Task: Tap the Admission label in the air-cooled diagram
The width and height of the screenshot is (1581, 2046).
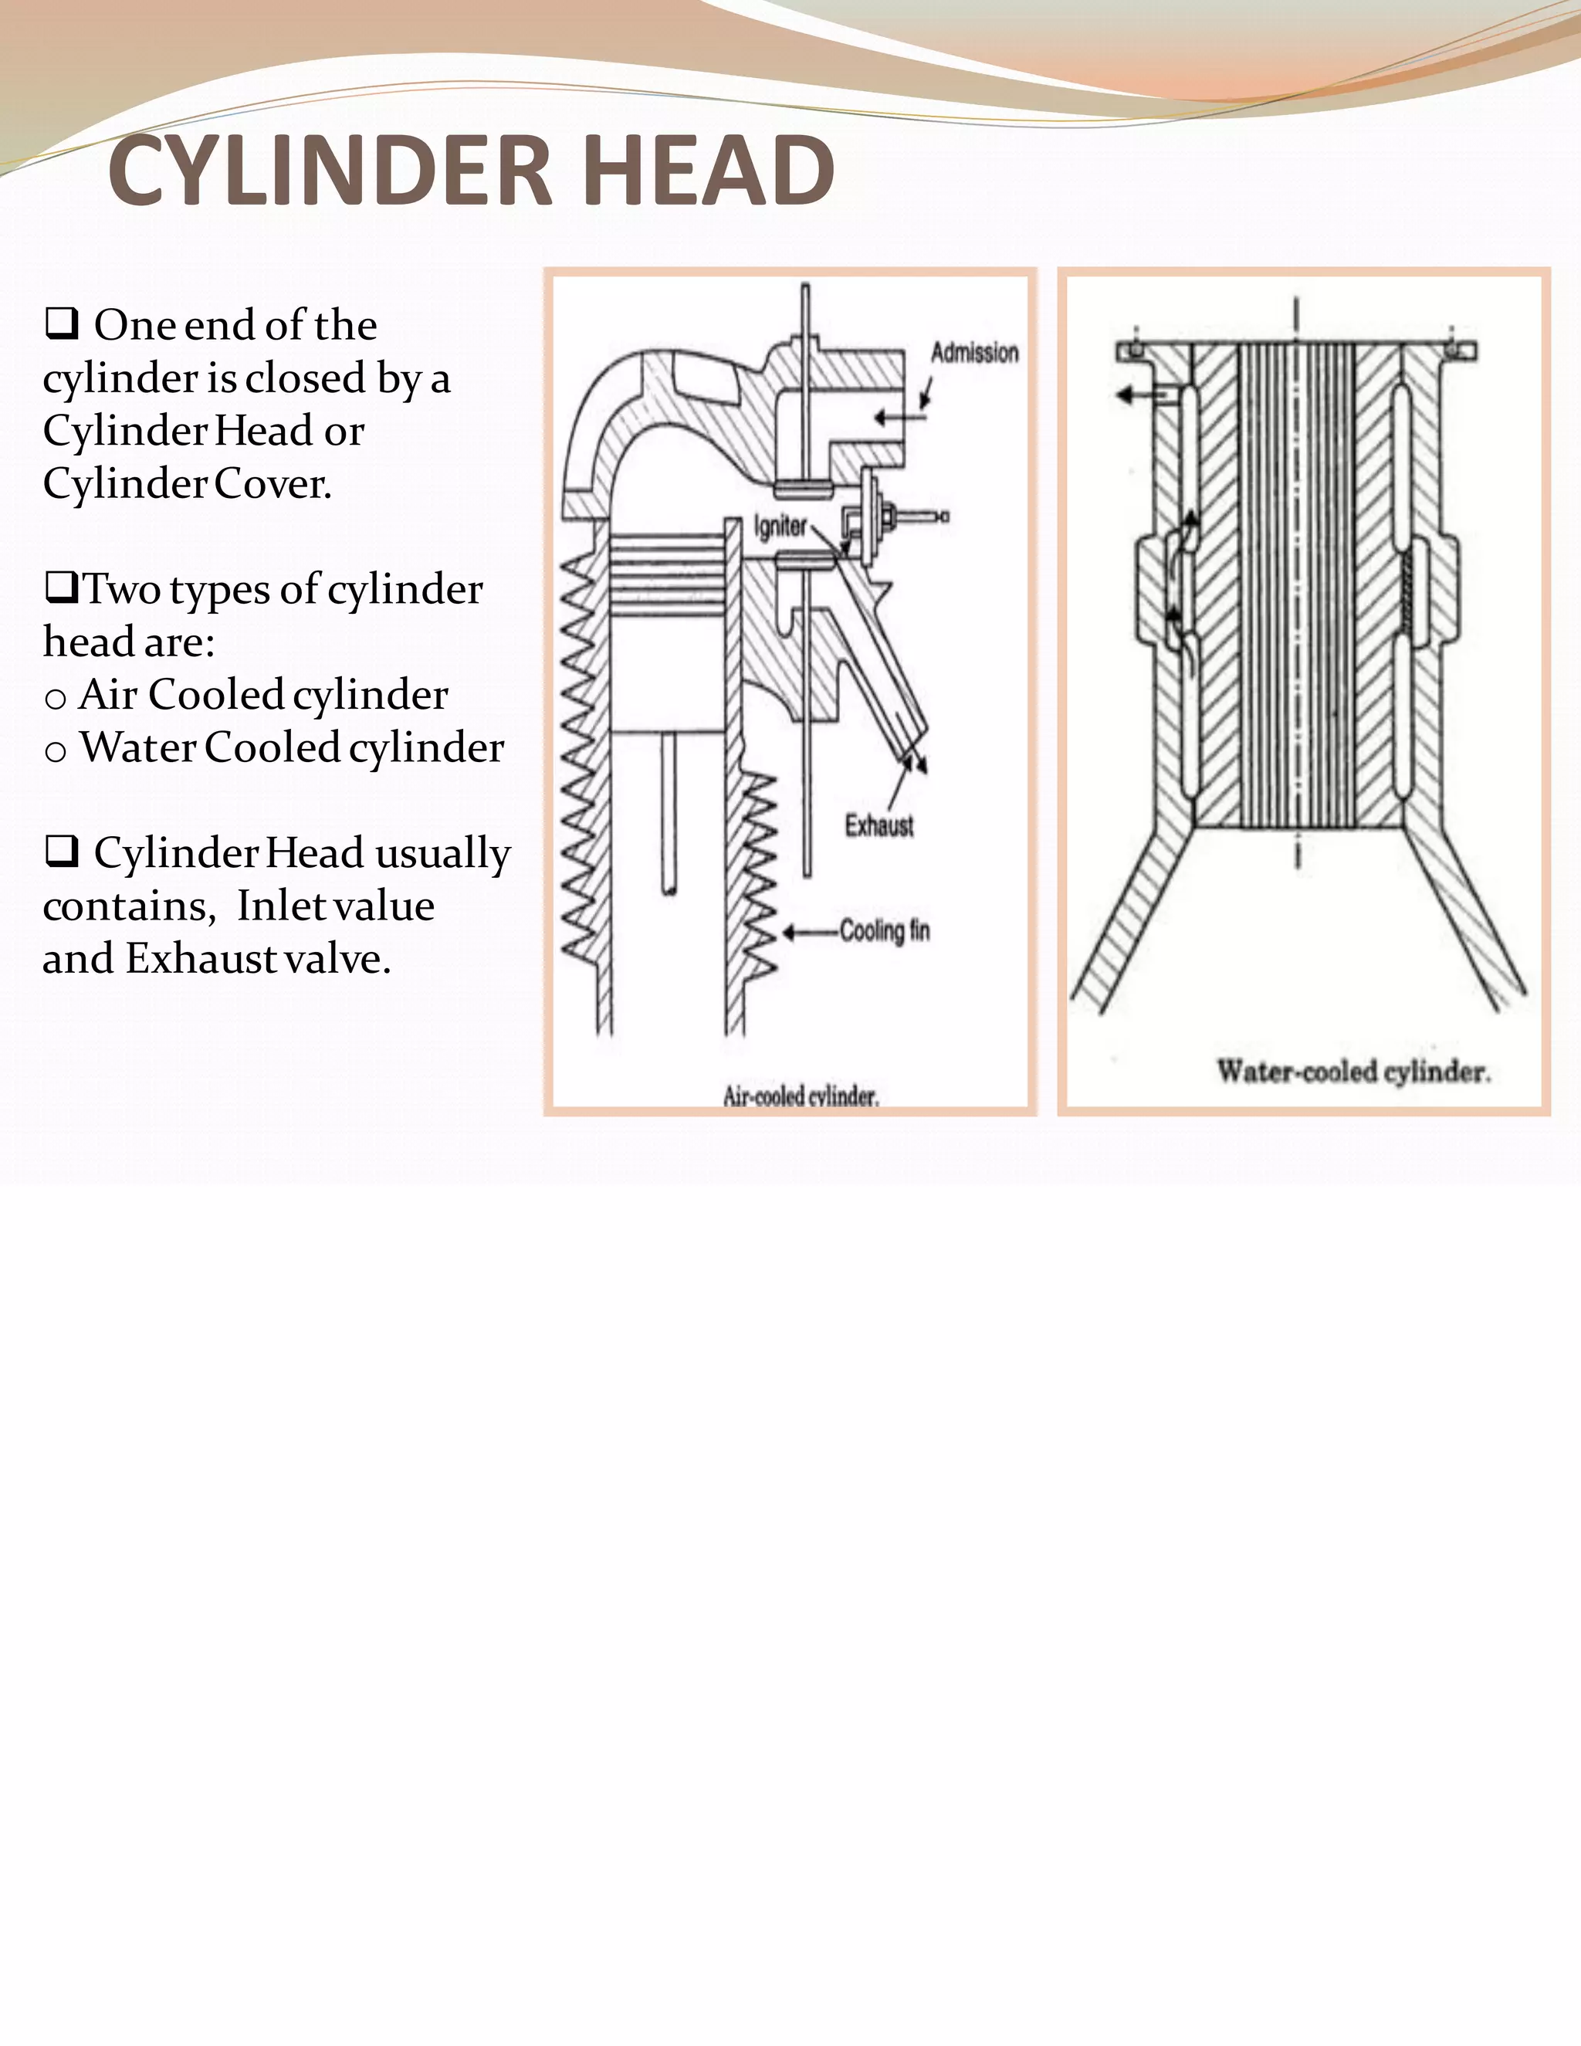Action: pos(974,353)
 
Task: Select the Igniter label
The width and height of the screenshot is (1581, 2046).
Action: pos(779,527)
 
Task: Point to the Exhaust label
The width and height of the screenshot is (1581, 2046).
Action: pos(879,826)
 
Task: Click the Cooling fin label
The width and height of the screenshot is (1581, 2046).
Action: pos(884,931)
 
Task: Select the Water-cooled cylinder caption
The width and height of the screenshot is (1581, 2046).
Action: pos(1353,1072)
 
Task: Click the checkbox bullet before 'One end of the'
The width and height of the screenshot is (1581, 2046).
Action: pos(61,324)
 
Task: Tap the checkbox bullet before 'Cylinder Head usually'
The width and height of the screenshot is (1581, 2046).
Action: pos(61,852)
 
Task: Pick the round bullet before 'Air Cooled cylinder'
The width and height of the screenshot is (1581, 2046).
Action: pos(56,699)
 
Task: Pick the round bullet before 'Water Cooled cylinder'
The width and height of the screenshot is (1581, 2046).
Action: pos(56,751)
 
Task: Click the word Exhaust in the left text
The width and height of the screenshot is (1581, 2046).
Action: pos(201,958)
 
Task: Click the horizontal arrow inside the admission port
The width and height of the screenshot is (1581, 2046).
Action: pos(896,417)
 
